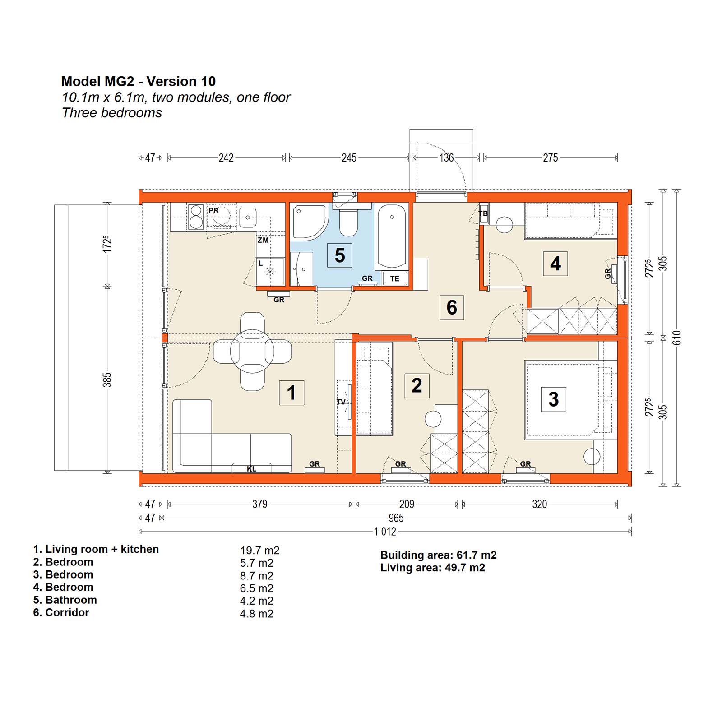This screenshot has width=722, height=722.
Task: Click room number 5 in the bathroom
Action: click(339, 255)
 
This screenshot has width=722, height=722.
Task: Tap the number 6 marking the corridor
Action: click(452, 308)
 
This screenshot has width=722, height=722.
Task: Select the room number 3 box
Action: click(554, 399)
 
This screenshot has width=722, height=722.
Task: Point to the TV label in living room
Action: click(341, 402)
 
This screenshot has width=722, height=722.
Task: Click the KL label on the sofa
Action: click(251, 469)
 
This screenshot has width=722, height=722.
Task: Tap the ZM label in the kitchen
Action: click(263, 240)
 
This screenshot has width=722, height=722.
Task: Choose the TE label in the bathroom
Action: click(395, 279)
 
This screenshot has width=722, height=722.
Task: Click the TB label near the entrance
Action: click(483, 213)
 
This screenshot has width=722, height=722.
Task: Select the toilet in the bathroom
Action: click(348, 220)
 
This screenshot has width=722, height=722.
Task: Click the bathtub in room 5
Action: click(392, 236)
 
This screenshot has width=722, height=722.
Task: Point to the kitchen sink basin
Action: click(248, 218)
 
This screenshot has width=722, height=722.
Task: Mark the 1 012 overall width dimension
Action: click(385, 532)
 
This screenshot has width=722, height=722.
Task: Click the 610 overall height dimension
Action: click(676, 338)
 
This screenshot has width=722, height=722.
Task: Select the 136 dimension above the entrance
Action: click(446, 157)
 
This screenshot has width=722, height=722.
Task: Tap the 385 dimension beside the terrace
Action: click(107, 380)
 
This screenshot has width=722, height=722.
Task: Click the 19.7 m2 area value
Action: click(259, 551)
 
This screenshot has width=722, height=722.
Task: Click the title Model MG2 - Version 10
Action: click(139, 81)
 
